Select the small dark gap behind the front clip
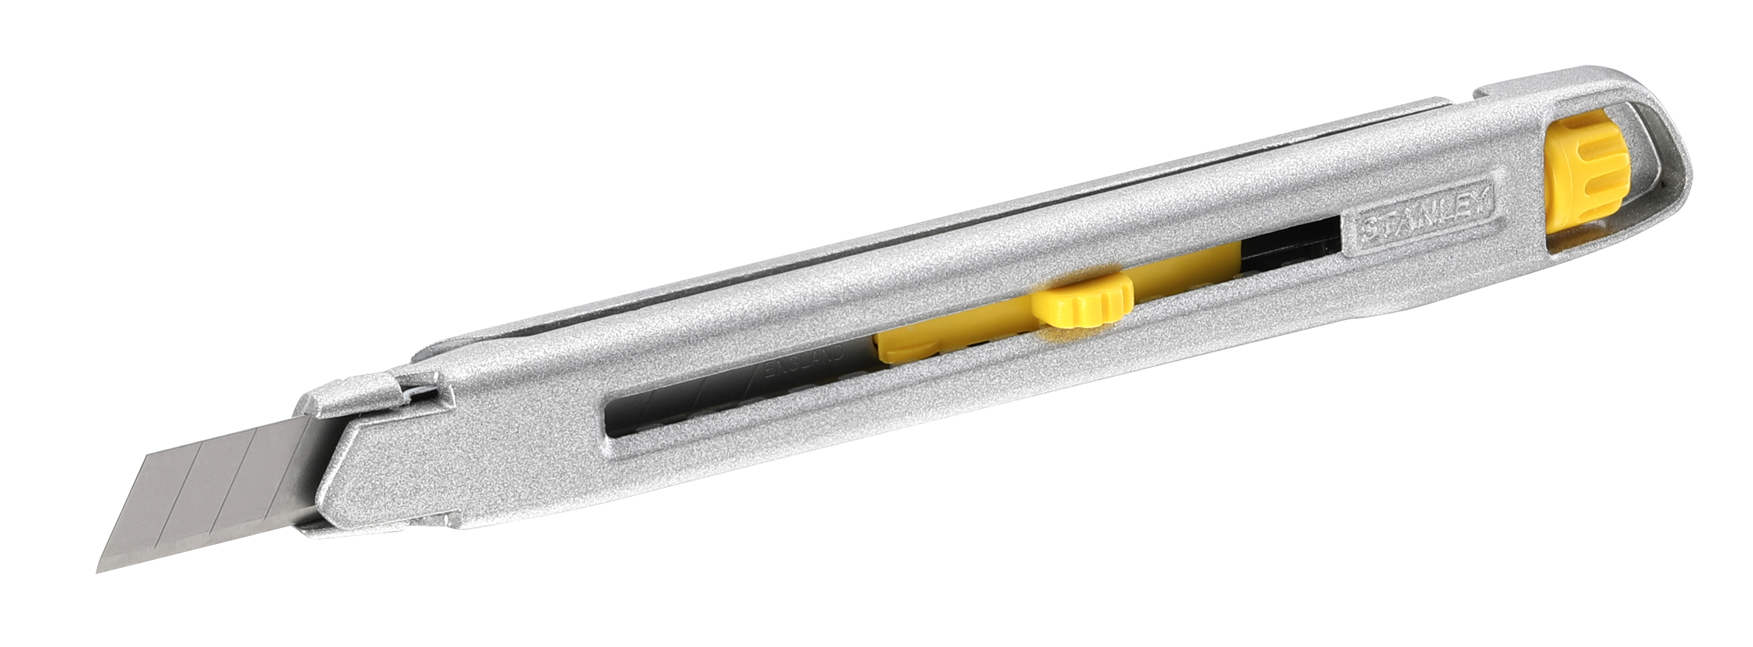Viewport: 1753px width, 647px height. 421,388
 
